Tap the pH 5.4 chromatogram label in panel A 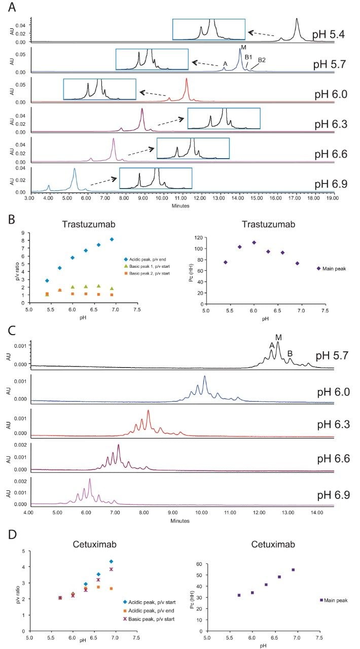[x=330, y=35]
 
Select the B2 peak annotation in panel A [x=262, y=60]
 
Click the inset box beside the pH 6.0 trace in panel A [x=99, y=89]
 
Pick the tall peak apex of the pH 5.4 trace [x=297, y=19]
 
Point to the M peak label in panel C [x=278, y=337]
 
